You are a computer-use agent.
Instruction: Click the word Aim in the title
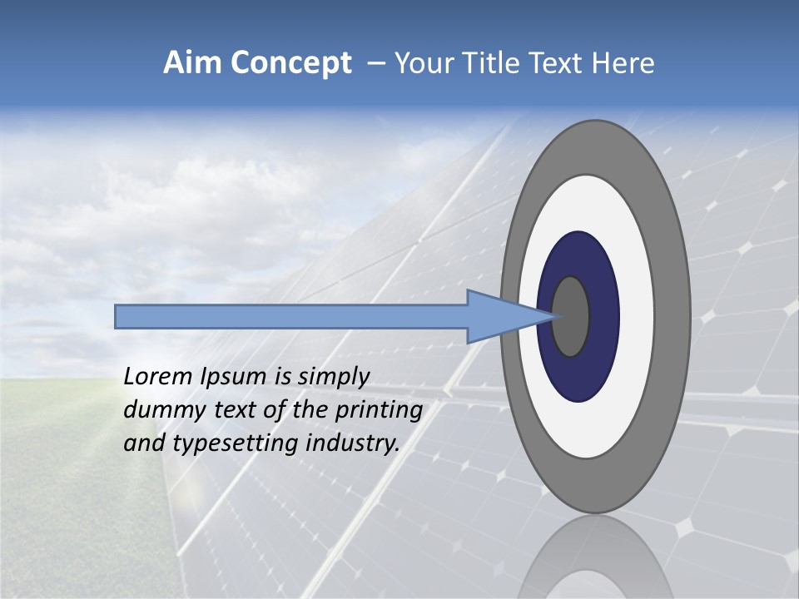coord(193,63)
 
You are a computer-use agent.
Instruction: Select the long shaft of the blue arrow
coord(291,317)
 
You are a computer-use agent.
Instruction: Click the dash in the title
coord(375,63)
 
